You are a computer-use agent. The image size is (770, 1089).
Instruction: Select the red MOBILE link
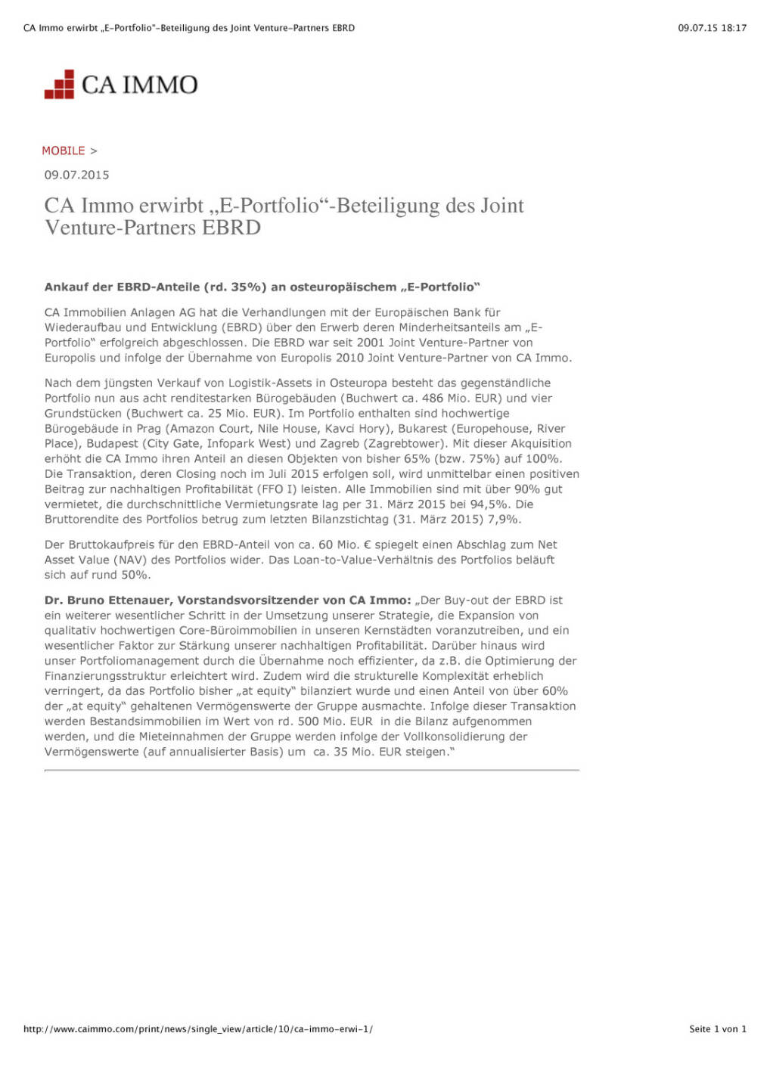(x=64, y=150)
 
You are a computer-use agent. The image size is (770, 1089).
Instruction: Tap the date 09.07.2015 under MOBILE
(x=76, y=175)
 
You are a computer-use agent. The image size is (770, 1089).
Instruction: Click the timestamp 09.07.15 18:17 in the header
(x=712, y=28)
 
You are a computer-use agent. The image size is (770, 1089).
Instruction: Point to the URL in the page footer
(x=197, y=1028)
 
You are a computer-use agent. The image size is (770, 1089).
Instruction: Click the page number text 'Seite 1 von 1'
(x=717, y=1028)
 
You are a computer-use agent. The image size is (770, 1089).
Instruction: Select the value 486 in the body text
(x=433, y=398)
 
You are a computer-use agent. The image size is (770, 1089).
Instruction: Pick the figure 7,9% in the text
(x=504, y=519)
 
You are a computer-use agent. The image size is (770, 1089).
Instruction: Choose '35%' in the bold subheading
(x=246, y=287)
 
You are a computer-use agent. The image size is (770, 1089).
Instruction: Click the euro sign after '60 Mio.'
(x=367, y=544)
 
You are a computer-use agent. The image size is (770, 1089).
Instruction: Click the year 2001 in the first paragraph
(x=371, y=343)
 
